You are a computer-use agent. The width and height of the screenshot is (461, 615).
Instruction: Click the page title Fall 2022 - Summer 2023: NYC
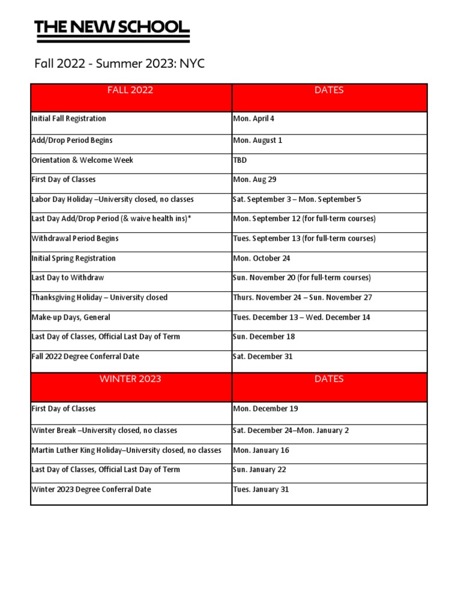click(119, 64)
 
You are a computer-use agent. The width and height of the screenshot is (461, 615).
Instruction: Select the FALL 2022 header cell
click(130, 91)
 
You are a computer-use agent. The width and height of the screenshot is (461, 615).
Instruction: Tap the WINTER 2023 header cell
click(130, 380)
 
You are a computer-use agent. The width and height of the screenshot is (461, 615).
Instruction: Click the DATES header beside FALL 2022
click(329, 91)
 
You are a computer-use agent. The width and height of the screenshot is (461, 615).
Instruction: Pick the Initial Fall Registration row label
click(68, 119)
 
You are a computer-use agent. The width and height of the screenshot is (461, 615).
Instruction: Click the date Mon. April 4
click(253, 119)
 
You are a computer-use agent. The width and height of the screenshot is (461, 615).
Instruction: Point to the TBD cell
click(240, 160)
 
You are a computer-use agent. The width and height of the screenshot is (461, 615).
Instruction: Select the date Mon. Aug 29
click(255, 180)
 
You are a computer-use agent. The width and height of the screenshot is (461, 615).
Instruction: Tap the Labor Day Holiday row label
click(112, 199)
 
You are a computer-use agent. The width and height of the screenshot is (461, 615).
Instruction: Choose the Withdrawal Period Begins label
click(74, 238)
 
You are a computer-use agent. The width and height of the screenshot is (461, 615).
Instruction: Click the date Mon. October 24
click(261, 258)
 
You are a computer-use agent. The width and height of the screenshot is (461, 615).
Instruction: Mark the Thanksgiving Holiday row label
click(99, 297)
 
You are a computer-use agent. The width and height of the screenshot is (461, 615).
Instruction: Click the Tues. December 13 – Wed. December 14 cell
click(301, 317)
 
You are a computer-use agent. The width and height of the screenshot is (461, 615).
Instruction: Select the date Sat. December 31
click(262, 357)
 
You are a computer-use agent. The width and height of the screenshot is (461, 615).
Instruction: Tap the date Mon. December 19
click(265, 409)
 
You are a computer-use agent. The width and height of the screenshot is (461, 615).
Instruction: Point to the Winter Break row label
click(104, 431)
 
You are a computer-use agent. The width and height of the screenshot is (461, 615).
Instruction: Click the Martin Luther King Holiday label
click(126, 450)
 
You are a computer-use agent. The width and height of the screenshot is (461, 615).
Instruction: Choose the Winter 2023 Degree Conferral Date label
click(91, 489)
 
